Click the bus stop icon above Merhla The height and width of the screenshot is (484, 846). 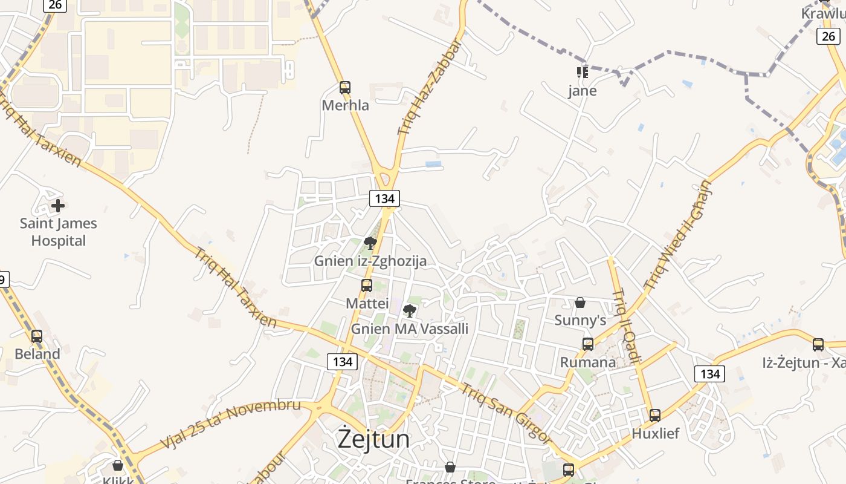345,88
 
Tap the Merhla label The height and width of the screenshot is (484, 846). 345,105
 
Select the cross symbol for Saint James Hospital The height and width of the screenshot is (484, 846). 58,206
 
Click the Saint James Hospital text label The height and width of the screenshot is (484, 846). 58,232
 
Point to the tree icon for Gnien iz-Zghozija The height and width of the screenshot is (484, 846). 370,243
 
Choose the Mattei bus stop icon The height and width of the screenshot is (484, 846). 367,286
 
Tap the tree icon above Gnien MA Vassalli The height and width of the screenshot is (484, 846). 410,312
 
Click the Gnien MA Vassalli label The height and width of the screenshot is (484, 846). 410,329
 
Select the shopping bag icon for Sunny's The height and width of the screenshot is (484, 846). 580,302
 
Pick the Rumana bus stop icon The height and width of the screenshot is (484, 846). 588,344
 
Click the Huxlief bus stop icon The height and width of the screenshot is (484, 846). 655,416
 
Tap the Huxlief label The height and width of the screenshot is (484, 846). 655,433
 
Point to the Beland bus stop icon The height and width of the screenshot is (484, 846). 37,336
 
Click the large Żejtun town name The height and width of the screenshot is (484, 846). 373,439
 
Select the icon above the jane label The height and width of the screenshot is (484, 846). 583,73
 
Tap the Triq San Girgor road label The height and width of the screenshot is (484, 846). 506,413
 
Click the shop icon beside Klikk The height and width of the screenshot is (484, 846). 118,465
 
